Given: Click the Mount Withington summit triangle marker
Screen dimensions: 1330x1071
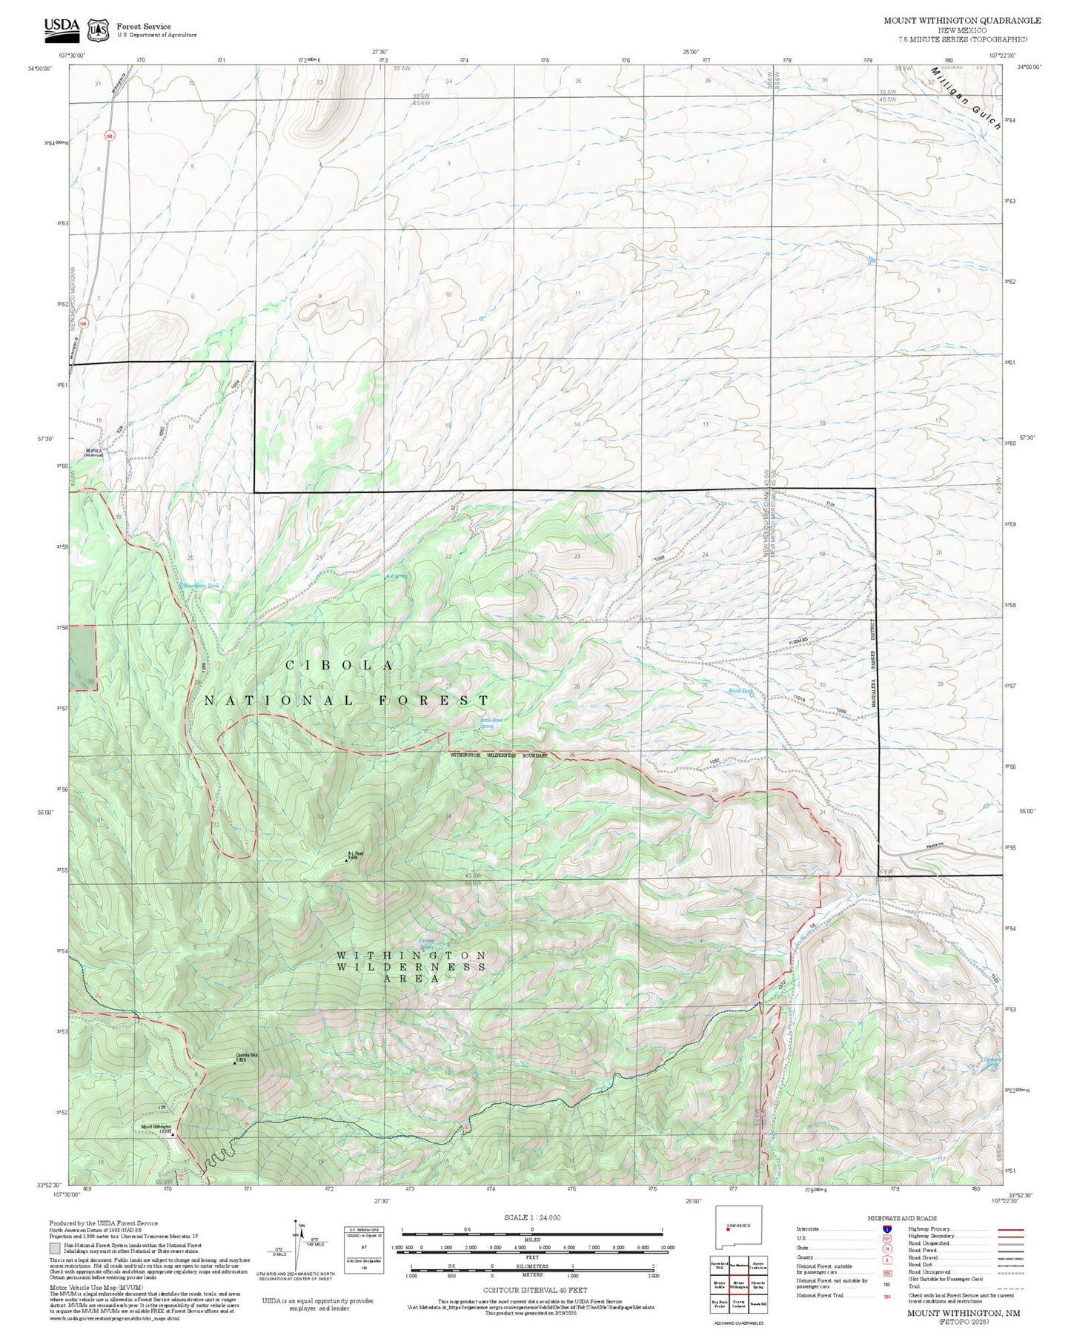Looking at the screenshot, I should (173, 1134).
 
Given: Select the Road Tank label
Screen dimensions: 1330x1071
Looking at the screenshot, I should (740, 691).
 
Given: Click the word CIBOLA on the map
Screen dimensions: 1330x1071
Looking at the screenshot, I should (339, 666).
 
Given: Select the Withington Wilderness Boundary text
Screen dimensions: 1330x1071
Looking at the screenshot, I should (498, 755).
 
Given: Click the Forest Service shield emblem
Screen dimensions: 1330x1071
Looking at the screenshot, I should (98, 30).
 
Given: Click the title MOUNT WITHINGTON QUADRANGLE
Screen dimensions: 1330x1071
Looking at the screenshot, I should (962, 21).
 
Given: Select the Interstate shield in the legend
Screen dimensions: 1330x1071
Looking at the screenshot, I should (886, 1229).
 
